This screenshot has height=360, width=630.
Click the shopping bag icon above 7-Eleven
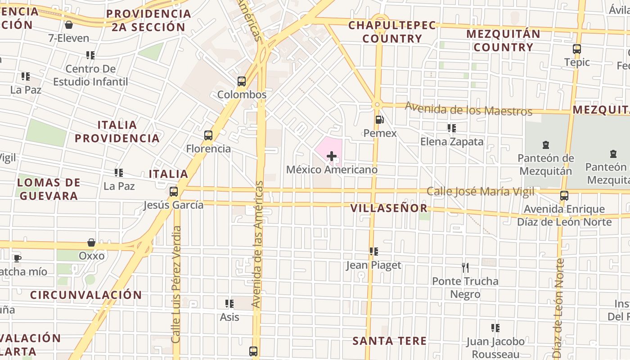[69, 25]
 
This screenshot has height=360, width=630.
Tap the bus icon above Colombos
[242, 81]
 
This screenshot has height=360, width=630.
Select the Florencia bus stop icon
[208, 135]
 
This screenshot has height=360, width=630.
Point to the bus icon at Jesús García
[174, 192]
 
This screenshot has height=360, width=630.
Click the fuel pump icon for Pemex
[380, 120]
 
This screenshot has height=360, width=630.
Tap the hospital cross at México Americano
[332, 156]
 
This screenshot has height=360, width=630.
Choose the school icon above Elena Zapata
[452, 128]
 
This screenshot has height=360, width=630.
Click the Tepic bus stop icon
[577, 49]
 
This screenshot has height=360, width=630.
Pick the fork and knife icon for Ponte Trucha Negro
[465, 268]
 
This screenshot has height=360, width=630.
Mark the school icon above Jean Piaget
[373, 252]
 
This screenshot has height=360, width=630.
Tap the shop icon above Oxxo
[91, 243]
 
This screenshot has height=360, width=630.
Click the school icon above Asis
[229, 304]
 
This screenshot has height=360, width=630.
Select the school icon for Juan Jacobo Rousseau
[495, 328]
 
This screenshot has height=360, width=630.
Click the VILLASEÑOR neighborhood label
[389, 208]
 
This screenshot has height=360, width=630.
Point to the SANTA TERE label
[389, 341]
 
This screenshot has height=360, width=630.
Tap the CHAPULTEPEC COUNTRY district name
[392, 31]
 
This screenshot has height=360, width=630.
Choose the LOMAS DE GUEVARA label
[49, 189]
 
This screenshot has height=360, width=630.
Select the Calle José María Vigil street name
[480, 192]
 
